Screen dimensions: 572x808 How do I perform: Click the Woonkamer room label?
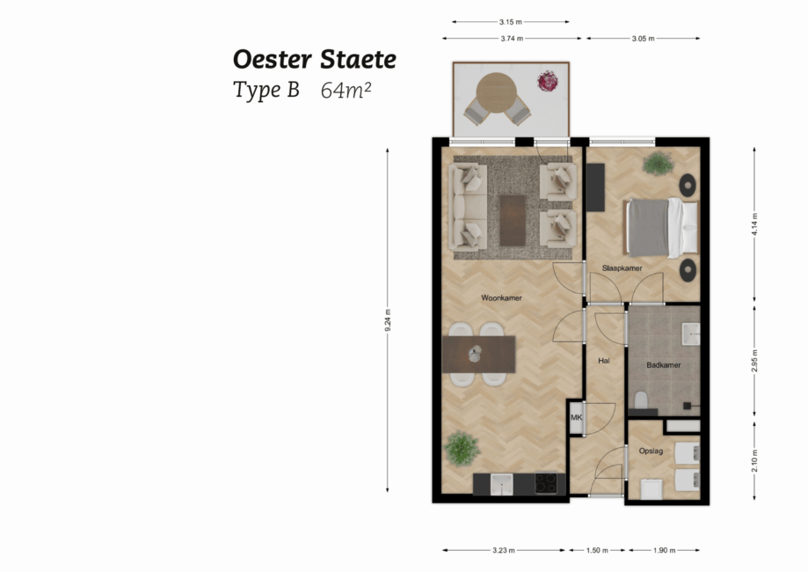pos(501,298)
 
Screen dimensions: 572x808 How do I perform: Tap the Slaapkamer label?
pos(621,268)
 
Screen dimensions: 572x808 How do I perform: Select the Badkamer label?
pos(664,364)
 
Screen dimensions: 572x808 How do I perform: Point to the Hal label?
pos(603,361)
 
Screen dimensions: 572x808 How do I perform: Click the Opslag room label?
pos(651,451)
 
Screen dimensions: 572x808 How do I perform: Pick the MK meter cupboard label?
pos(577,418)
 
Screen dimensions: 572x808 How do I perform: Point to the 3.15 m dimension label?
pos(510,22)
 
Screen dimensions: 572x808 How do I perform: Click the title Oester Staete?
pos(314,60)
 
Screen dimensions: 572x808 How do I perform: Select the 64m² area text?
pos(346,90)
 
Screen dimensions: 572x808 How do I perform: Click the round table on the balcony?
pos(497,90)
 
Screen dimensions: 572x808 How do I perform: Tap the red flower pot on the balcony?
pos(548,81)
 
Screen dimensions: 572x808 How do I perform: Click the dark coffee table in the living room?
pos(512,220)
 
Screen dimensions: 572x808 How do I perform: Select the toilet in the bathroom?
pos(642,401)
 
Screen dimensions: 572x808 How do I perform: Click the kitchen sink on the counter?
pos(502,483)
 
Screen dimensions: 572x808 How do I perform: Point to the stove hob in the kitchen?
pos(545,483)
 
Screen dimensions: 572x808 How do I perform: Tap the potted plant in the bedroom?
pos(657,163)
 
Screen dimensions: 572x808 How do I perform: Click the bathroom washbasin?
pos(691,333)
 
